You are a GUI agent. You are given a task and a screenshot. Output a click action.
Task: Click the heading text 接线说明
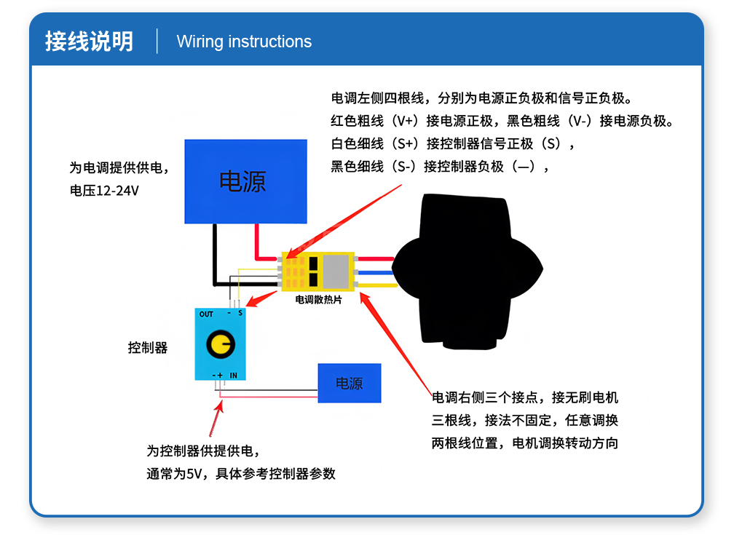(x=89, y=41)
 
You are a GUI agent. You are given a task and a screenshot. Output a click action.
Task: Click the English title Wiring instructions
(x=244, y=41)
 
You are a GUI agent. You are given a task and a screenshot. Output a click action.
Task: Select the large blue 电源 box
(x=245, y=181)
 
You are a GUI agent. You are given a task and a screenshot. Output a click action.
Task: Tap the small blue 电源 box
(x=349, y=384)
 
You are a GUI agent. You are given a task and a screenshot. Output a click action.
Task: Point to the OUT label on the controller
(x=206, y=314)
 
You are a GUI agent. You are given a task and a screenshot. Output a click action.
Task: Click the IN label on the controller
(x=234, y=375)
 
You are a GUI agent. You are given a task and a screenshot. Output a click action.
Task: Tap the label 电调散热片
(x=318, y=299)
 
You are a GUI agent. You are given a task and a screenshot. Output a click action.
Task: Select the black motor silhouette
(x=466, y=269)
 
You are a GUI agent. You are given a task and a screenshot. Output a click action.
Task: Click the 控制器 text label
(x=148, y=348)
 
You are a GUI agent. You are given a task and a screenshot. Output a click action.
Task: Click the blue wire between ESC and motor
(x=374, y=273)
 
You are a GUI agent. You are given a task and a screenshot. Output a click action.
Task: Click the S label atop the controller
(x=240, y=314)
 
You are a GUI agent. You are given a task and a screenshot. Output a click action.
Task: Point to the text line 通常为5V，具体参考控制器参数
(x=241, y=473)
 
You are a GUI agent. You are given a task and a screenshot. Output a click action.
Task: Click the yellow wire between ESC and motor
(x=376, y=285)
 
